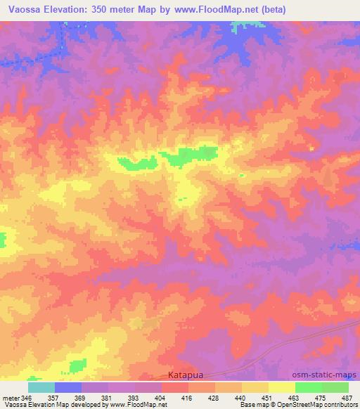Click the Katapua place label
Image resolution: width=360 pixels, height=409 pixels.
coord(187,376)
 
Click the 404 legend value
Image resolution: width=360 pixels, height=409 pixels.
coord(161,398)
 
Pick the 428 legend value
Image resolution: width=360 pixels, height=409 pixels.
coord(214,398)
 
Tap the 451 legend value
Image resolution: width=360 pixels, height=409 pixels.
coord(268,398)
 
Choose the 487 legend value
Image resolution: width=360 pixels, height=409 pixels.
coord(347,398)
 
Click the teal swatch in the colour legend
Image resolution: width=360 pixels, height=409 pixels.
coord(41,387)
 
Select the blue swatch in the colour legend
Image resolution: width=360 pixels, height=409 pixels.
coord(68,387)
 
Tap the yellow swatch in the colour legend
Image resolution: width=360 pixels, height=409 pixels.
coord(281,387)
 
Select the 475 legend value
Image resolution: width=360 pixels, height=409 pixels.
coord(321,398)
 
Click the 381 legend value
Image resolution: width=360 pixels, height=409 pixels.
coord(108,398)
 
